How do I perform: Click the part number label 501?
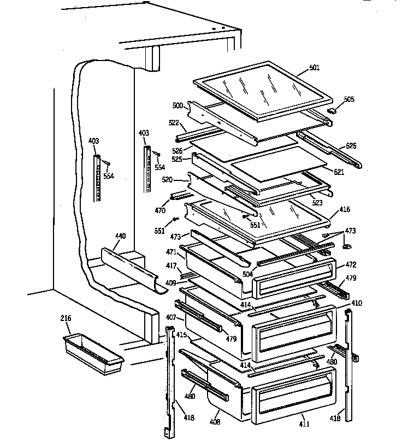314,68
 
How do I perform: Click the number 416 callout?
345,209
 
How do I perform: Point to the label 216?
66,318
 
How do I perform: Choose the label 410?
357,303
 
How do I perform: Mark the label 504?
247,275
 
